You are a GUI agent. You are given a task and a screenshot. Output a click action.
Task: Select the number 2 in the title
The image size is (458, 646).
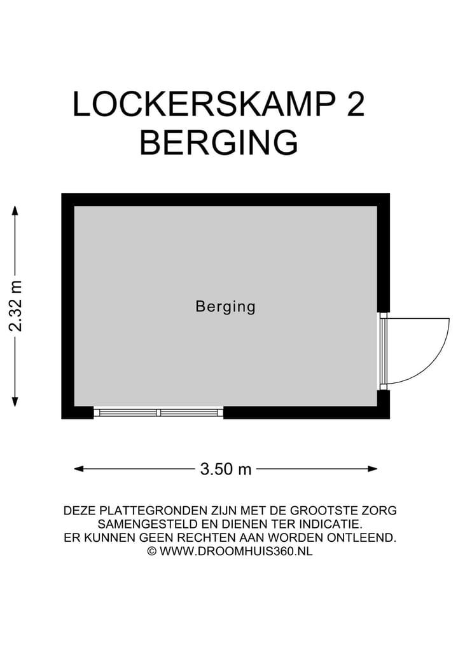[x=356, y=104]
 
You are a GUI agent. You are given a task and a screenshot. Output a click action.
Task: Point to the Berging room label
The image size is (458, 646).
[x=225, y=307]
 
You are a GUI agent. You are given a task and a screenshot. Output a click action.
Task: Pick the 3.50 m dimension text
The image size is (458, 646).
[x=226, y=469]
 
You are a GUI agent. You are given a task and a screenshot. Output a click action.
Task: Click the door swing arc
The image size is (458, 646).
[x=439, y=356]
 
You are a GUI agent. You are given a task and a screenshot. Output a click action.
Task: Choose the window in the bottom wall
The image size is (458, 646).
[x=158, y=413]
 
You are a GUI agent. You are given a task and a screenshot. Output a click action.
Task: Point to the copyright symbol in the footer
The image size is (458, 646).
[x=151, y=551]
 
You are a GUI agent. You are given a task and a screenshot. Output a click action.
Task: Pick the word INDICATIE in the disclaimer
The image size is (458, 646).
[x=330, y=525]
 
